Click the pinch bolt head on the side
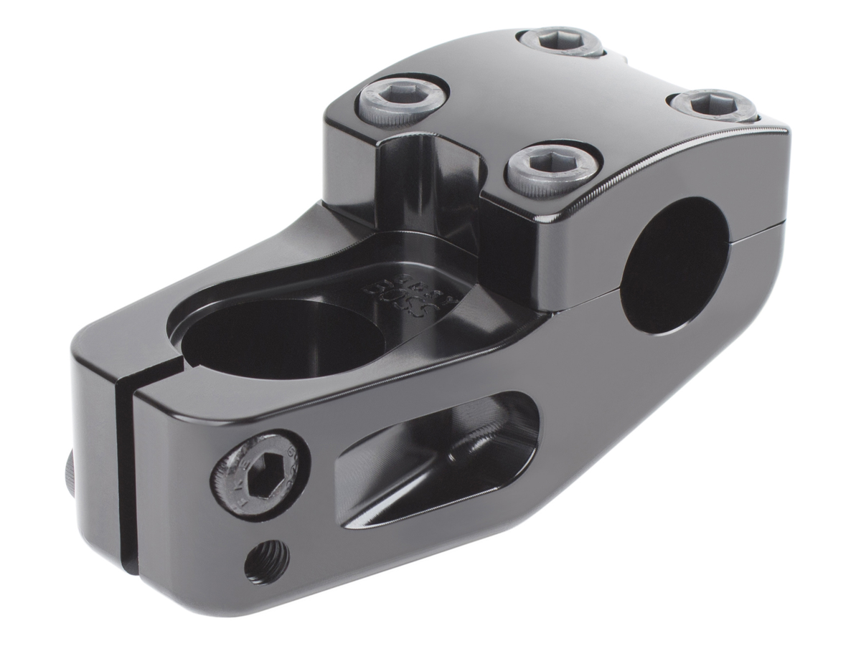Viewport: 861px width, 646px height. (260, 475)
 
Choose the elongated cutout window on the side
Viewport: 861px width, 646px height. (438, 459)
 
